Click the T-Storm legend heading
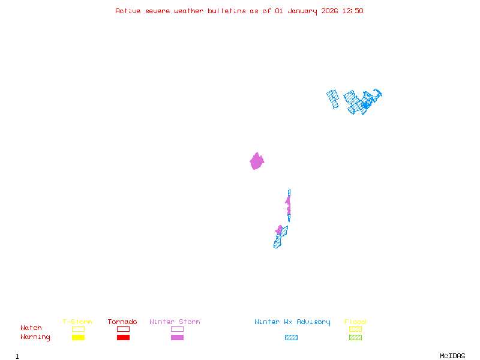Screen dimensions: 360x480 77,322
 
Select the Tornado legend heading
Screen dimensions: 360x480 122,322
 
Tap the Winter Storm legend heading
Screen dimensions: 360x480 175,322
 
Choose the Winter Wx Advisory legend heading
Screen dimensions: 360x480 292,322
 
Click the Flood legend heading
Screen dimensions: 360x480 355,322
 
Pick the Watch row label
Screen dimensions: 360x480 31,328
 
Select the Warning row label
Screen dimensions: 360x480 35,337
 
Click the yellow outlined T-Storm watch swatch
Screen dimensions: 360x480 78,329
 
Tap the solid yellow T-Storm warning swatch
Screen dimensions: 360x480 78,337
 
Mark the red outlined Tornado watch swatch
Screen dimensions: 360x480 123,329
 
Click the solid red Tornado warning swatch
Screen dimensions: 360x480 123,337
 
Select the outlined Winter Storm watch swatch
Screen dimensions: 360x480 177,329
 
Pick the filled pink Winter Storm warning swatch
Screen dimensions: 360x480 177,337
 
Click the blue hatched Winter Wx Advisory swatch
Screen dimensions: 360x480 291,337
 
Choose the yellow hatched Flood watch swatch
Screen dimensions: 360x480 355,329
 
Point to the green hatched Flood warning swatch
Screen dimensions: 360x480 355,337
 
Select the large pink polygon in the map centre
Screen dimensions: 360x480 257,161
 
